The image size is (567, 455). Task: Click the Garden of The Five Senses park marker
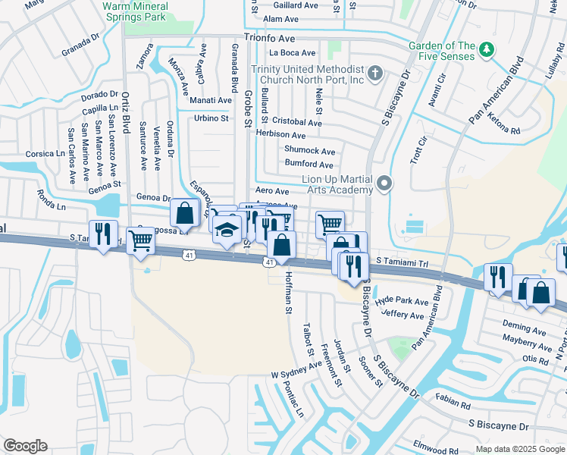[486, 51]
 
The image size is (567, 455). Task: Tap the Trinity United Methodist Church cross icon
[374, 74]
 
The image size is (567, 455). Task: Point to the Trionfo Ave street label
[269, 36]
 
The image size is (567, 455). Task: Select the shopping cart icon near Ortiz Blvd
[141, 240]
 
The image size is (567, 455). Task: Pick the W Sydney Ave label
[296, 371]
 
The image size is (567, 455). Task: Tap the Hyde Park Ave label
[402, 301]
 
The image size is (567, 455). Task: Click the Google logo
[25, 446]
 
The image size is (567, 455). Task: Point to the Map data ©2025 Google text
[519, 449]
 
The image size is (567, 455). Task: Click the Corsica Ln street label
[45, 153]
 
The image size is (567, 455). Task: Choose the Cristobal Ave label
[297, 122]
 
